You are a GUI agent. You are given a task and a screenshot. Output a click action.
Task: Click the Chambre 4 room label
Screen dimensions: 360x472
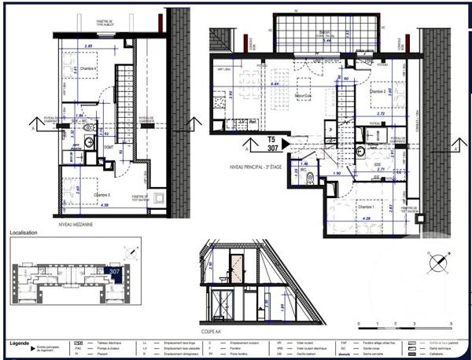[x=87, y=69]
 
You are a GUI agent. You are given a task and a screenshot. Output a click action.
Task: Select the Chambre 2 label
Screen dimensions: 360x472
[x=382, y=91]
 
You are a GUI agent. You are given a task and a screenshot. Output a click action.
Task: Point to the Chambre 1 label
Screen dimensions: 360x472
[x=368, y=185]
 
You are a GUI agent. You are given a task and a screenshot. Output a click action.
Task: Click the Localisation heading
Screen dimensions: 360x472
[x=25, y=233]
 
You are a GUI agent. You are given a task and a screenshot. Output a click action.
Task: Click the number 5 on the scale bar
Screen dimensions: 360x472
[x=452, y=324]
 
